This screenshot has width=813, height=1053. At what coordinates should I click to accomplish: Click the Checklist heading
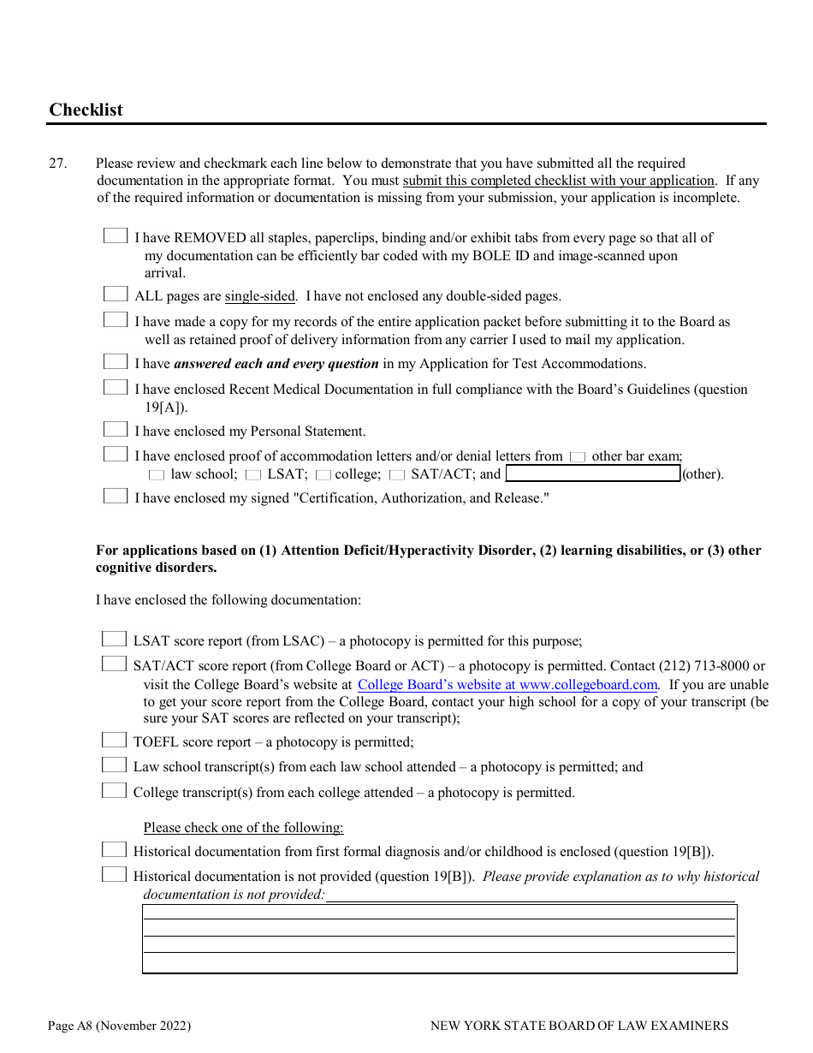[86, 110]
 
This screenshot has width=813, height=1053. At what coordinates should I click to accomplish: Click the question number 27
[57, 163]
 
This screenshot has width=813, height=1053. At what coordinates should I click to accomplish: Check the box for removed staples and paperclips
[116, 235]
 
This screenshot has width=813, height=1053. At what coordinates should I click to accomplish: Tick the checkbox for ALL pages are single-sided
[116, 294]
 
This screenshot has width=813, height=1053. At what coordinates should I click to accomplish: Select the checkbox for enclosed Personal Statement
[116, 429]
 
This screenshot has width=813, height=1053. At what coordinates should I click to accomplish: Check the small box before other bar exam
[578, 457]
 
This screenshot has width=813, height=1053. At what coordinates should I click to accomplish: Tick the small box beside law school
[157, 474]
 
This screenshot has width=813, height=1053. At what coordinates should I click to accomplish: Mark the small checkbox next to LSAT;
[253, 474]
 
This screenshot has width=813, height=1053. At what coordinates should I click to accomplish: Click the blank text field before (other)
[592, 473]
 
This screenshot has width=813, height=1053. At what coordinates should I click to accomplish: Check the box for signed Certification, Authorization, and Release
[116, 496]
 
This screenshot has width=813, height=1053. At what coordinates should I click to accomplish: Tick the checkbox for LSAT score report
[114, 639]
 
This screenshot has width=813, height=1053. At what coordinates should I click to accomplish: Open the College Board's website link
[507, 684]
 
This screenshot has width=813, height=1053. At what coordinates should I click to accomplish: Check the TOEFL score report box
[114, 740]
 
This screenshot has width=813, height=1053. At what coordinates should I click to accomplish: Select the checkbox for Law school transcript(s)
[114, 764]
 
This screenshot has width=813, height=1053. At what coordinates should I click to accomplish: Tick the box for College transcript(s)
[114, 790]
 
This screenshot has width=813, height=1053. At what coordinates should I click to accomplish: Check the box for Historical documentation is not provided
[114, 874]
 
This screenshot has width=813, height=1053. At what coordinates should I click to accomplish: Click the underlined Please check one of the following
[243, 827]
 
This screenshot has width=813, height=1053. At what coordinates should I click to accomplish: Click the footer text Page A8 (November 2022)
[120, 1025]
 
